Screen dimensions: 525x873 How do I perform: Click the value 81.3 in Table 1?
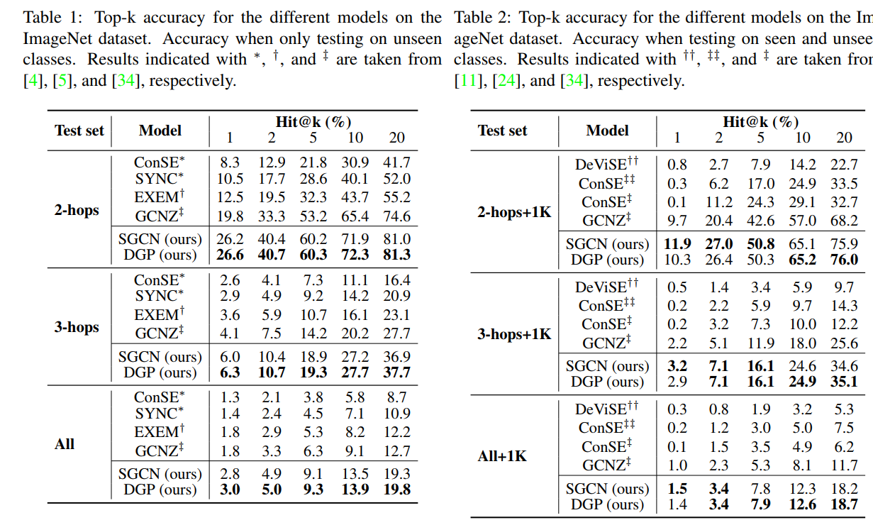(x=396, y=255)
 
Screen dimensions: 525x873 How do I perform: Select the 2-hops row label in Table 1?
(x=77, y=211)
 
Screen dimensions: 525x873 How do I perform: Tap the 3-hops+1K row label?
(x=514, y=333)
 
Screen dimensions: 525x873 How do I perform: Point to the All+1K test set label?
(x=502, y=456)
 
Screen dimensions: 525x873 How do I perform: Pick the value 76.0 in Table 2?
(x=844, y=260)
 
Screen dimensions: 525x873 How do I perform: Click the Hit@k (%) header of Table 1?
(x=313, y=122)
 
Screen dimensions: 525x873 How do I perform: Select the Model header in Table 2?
(x=608, y=131)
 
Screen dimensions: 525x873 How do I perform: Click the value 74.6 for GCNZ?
(x=396, y=216)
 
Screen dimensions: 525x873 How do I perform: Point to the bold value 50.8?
(x=760, y=244)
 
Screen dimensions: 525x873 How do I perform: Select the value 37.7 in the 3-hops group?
(x=396, y=372)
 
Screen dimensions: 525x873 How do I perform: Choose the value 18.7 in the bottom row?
(x=844, y=504)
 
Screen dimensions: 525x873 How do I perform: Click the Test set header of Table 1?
(x=79, y=131)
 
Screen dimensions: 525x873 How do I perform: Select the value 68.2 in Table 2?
(x=844, y=221)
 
